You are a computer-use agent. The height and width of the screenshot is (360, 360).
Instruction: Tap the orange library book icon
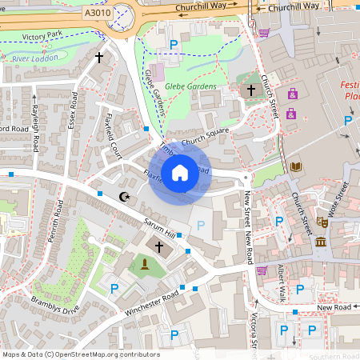tap(297, 166)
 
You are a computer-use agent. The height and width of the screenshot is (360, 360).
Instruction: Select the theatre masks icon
tap(323, 222)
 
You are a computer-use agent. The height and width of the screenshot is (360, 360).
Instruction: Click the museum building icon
tap(321, 242)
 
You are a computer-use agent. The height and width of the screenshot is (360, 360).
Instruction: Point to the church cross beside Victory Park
tap(99, 58)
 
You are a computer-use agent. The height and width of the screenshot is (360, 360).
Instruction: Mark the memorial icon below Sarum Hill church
tap(144, 266)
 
